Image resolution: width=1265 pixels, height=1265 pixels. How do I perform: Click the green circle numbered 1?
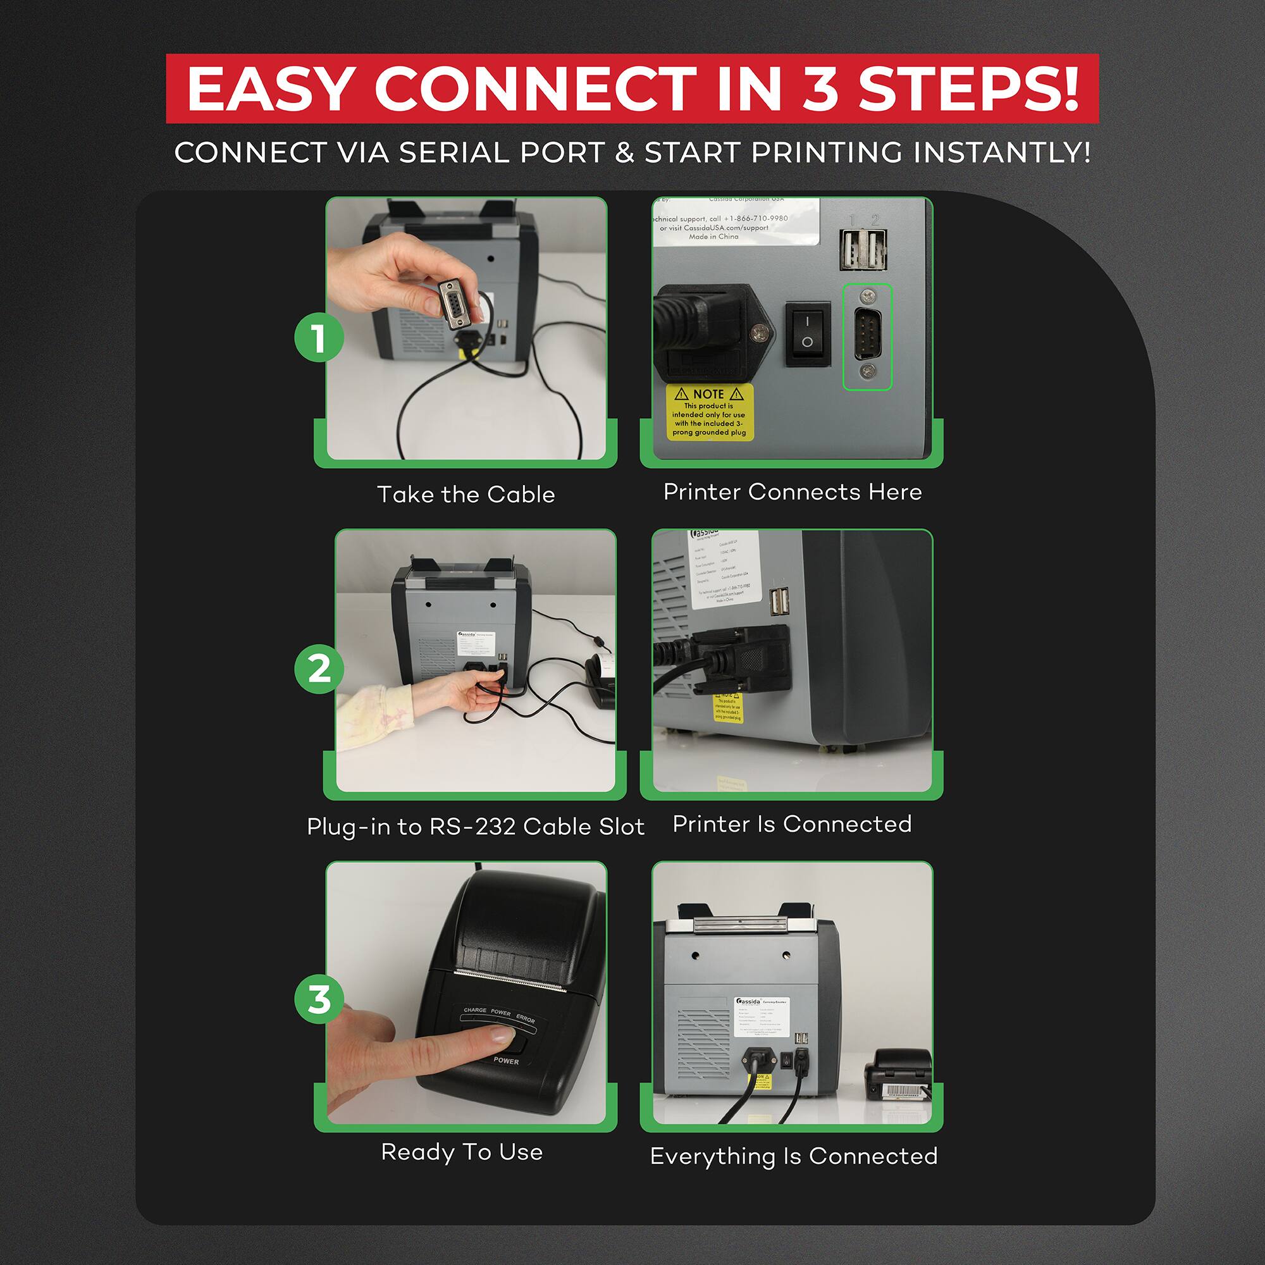[318, 338]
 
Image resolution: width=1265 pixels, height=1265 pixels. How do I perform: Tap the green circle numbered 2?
[318, 669]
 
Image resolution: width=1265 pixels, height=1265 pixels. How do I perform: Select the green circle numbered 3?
[318, 1000]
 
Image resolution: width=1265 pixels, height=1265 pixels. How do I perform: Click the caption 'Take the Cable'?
[466, 495]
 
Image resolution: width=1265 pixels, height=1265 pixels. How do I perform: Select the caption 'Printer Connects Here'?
[793, 491]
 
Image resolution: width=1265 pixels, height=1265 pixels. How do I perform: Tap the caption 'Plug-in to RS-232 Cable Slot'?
[476, 826]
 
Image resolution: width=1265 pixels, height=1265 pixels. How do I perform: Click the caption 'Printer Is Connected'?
[793, 824]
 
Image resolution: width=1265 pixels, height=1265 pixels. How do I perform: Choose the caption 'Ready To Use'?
[462, 1152]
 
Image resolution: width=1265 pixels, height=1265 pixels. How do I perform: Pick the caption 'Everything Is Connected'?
[794, 1156]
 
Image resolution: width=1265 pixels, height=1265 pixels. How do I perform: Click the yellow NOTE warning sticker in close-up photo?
[710, 412]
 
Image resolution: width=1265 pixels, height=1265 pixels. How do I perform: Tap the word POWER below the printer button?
[505, 1061]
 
